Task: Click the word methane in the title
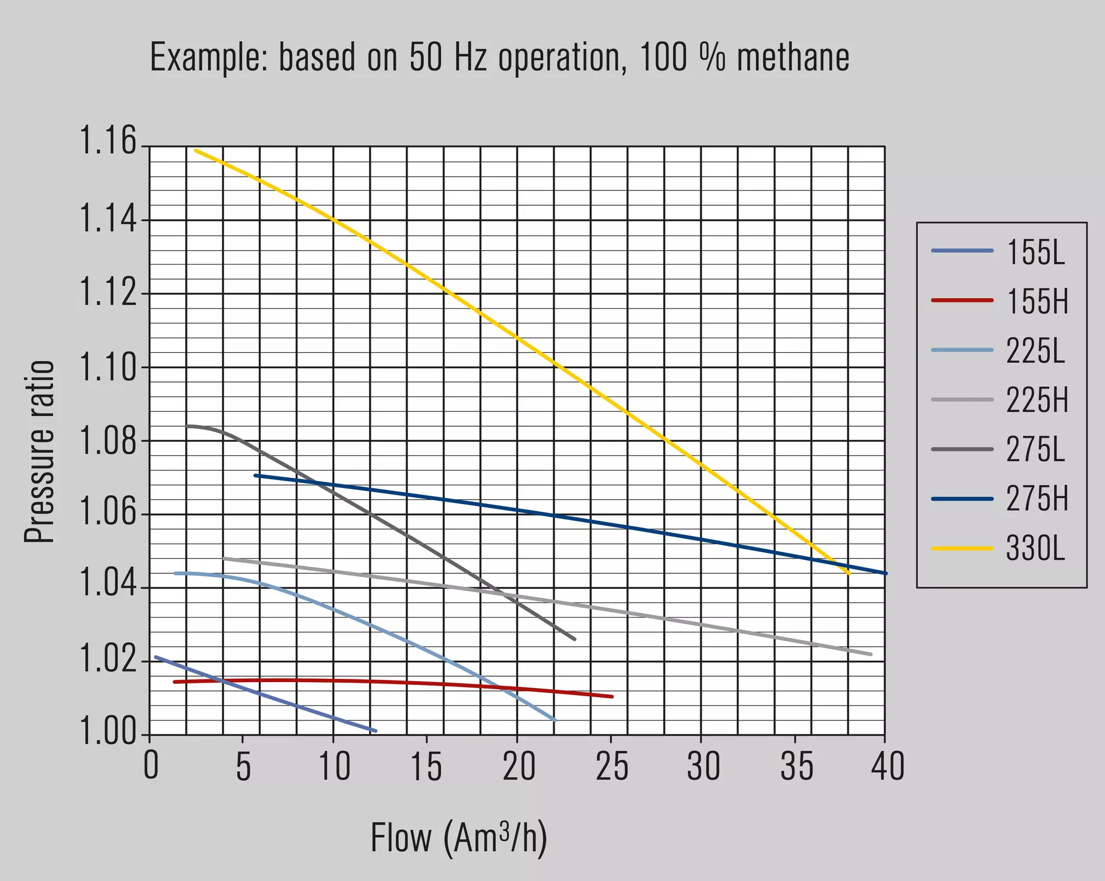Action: point(793,58)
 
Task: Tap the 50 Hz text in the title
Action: point(448,58)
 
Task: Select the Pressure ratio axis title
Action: point(39,451)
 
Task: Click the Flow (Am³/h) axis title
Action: point(459,838)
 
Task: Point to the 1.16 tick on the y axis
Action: point(108,141)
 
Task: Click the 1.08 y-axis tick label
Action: point(108,440)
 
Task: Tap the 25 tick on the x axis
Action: point(612,767)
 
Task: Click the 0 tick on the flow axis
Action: point(151,767)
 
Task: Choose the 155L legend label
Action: point(1035,251)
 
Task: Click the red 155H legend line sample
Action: point(962,300)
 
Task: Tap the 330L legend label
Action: point(1035,549)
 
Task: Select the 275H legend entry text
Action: point(1037,499)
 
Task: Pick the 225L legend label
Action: point(1035,351)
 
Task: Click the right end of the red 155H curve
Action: point(612,697)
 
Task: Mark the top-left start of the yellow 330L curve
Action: point(195,150)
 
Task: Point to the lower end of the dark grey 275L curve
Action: point(575,639)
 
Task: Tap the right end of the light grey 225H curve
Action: point(871,655)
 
